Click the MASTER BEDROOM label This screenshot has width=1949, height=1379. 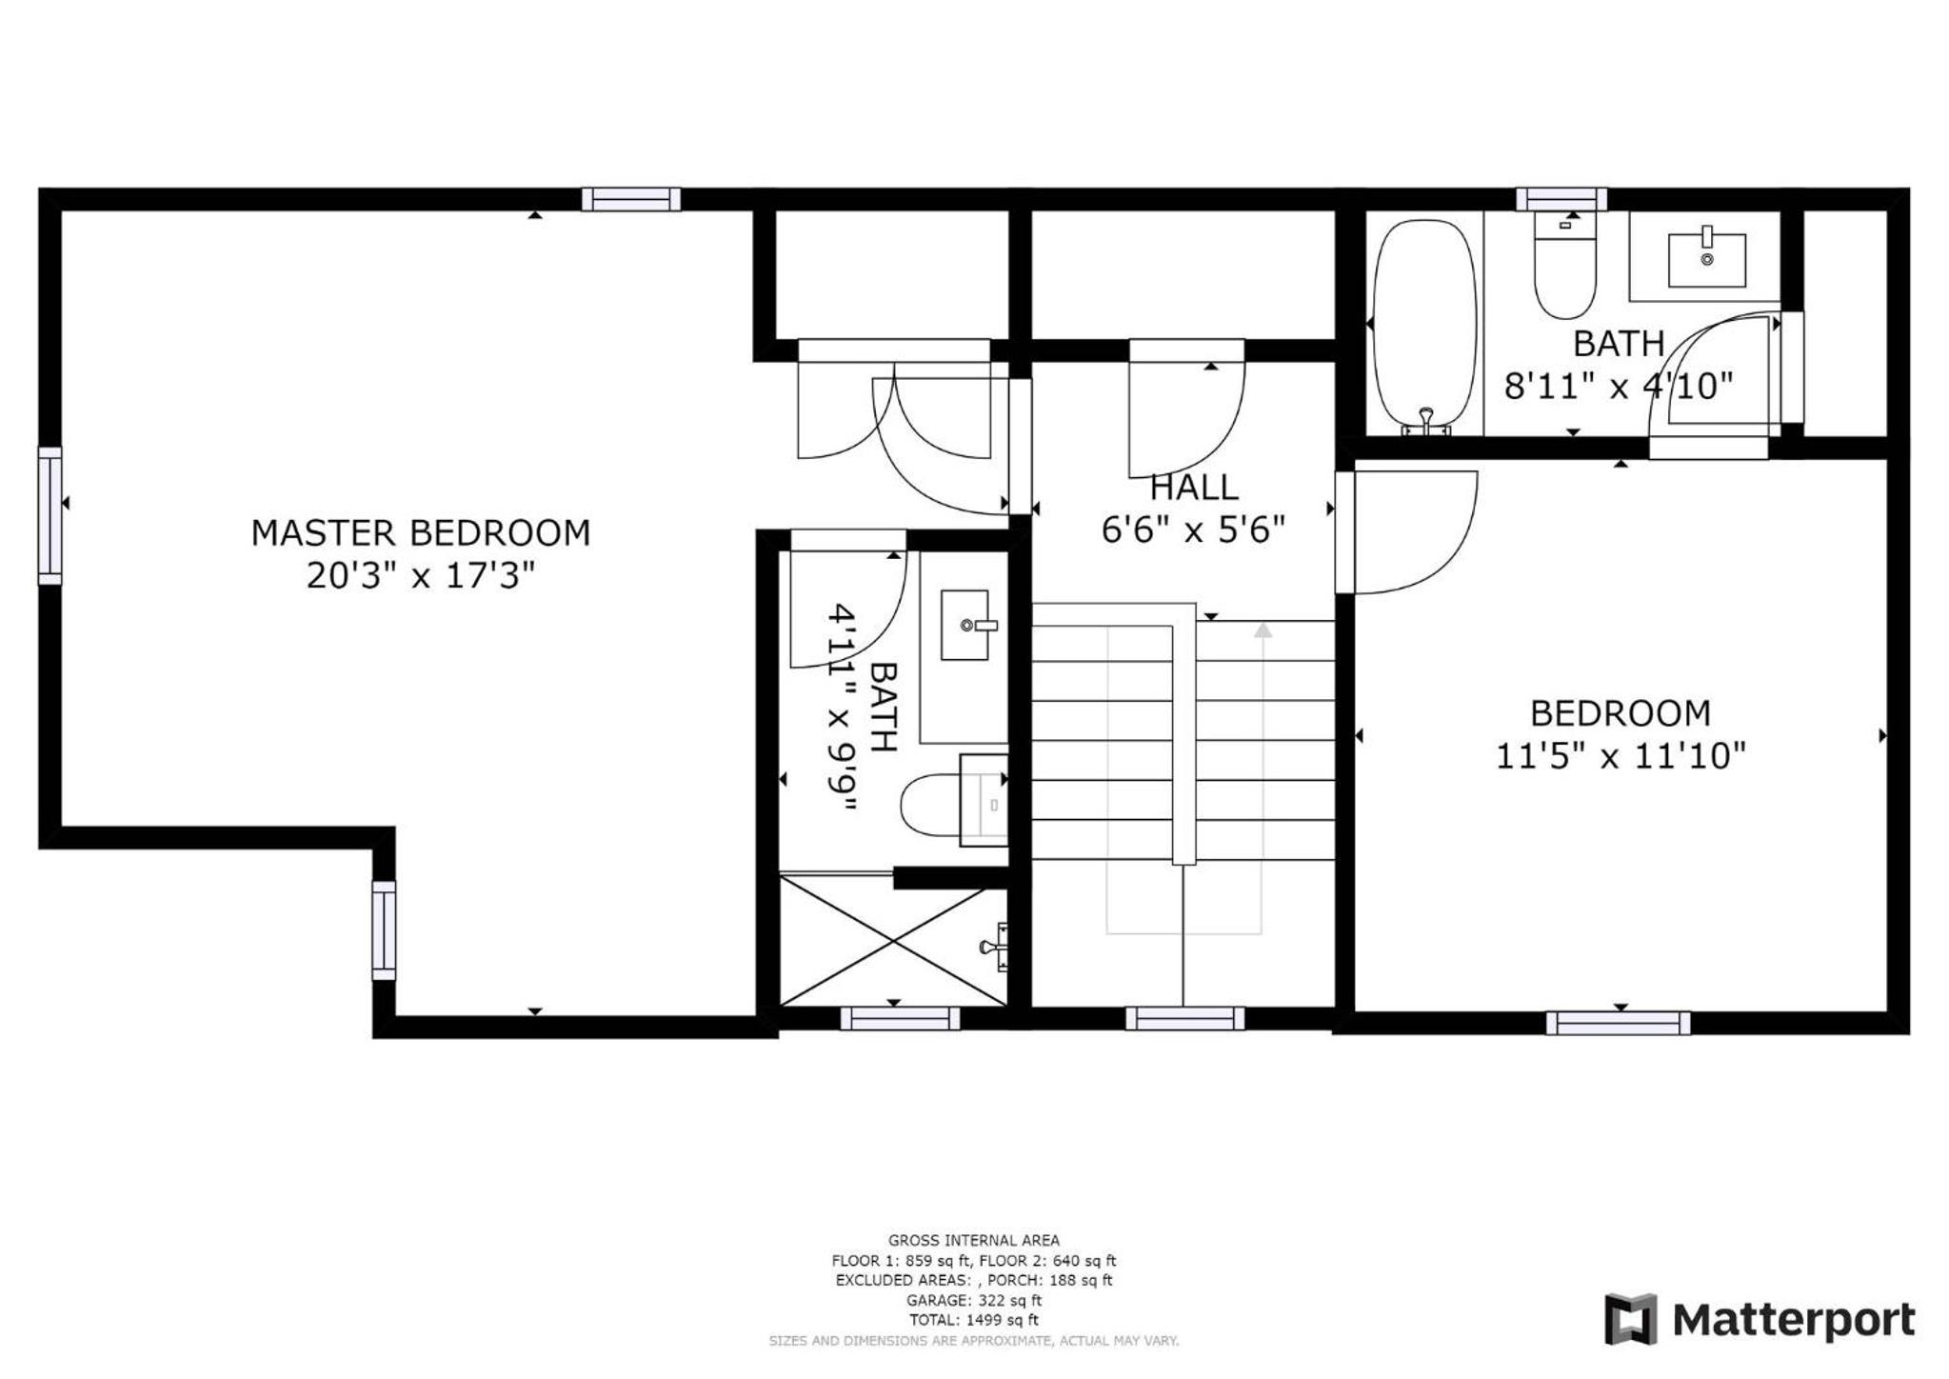coord(420,532)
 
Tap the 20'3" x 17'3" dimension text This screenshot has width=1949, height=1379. coord(420,575)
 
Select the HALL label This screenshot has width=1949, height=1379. coord(1194,488)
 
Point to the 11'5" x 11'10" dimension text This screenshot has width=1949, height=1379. coord(1621,756)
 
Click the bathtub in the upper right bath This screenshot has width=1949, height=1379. coord(1425,327)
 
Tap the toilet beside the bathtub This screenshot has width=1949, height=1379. coord(1564,265)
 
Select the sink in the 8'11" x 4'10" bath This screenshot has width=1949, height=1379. coord(1707,259)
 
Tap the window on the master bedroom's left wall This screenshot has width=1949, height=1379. coord(50,515)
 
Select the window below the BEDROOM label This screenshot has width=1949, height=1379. coord(1618,1023)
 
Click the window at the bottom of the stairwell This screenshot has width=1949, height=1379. coord(1184,1018)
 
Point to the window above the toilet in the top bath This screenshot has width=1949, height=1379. coord(1561,199)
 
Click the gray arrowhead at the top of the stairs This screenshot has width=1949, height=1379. coord(1263,630)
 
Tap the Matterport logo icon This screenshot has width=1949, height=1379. coord(1631,1319)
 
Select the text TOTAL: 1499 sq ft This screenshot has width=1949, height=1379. coord(974,1320)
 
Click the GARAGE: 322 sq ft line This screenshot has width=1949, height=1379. coord(974,1300)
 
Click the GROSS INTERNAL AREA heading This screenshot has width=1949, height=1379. coord(974,1240)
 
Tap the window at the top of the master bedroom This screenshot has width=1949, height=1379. coord(631,199)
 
